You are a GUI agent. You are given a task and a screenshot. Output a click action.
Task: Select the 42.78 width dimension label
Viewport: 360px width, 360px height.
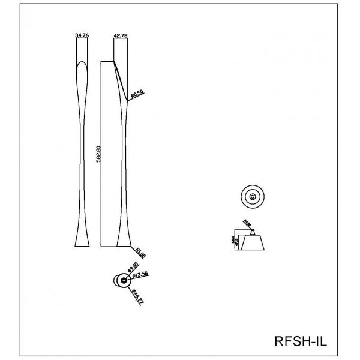tap(121, 36)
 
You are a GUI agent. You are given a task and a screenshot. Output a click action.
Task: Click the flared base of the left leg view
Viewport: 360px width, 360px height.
tap(81, 241)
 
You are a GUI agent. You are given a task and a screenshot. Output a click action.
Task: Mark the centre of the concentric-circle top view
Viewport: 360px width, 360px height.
tap(252, 196)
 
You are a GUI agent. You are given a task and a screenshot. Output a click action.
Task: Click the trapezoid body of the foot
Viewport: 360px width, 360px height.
tap(253, 244)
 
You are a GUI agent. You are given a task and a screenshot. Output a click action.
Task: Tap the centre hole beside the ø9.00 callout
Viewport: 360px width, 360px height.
tap(122, 279)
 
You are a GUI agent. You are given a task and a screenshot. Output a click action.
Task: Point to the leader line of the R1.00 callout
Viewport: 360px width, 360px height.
tap(133, 247)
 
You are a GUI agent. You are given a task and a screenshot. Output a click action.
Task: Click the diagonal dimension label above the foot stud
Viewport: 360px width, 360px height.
tap(247, 224)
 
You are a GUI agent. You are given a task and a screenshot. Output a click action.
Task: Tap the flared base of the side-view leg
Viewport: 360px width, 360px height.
tap(122, 242)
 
